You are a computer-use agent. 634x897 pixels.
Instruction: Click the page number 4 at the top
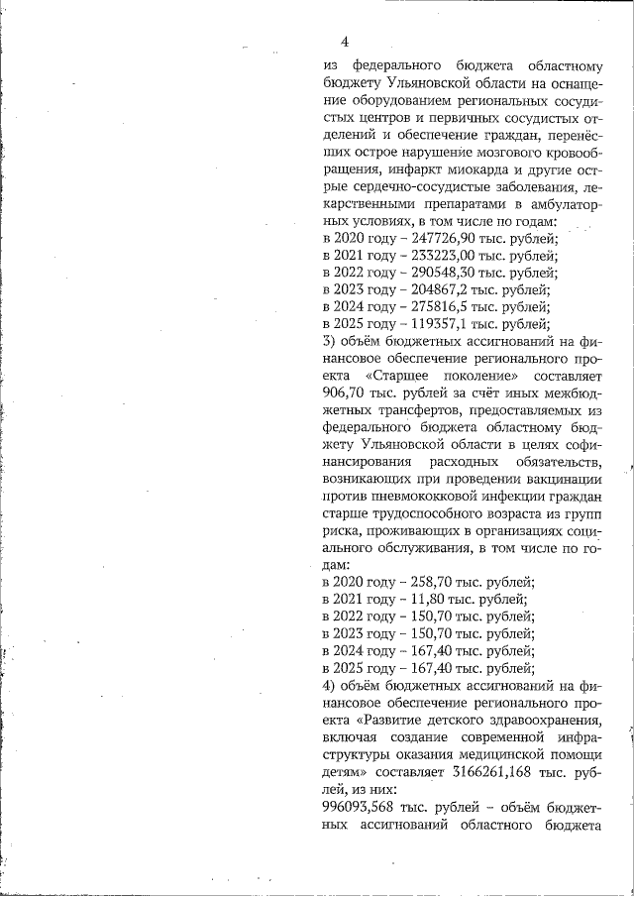coord(344,42)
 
